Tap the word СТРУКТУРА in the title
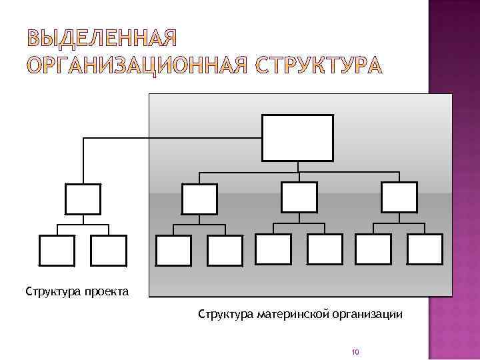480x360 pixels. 319,65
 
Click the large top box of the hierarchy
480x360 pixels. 297,138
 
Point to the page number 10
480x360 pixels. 355,352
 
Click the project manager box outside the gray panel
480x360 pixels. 83,199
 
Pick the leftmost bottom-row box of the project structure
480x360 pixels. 57,251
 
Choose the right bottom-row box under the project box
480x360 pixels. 109,251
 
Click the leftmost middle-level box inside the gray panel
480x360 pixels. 199,199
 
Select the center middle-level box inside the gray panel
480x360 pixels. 299,197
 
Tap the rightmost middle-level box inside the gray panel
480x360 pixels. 399,197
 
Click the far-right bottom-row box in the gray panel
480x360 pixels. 425,250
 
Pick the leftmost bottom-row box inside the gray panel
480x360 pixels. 173,251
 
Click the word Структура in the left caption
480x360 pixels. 53,291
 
